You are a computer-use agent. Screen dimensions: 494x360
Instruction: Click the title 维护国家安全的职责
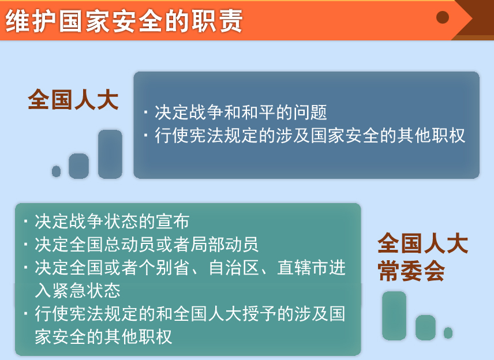(x=124, y=21)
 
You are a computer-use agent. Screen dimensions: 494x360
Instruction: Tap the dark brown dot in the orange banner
(x=443, y=17)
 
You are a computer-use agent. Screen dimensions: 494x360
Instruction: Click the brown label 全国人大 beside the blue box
(x=73, y=100)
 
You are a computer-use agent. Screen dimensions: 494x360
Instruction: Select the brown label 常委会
(x=411, y=271)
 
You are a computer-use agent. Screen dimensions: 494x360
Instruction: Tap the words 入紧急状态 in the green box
(x=77, y=290)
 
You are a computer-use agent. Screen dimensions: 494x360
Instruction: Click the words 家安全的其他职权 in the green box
(x=103, y=337)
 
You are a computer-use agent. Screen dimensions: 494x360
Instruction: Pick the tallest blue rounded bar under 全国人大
(x=110, y=154)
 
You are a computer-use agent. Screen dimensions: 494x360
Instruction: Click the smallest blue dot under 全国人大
(x=56, y=171)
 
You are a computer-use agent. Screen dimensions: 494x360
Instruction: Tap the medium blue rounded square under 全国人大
(x=78, y=166)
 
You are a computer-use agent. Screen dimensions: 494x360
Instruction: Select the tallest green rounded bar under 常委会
(x=394, y=316)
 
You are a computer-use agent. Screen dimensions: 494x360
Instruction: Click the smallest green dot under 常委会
(x=448, y=333)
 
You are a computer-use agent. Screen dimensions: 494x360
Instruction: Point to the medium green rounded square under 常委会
(x=426, y=328)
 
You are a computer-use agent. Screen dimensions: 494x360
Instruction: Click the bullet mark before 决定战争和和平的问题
(x=145, y=112)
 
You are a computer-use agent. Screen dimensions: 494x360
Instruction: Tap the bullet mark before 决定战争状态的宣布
(x=26, y=221)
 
